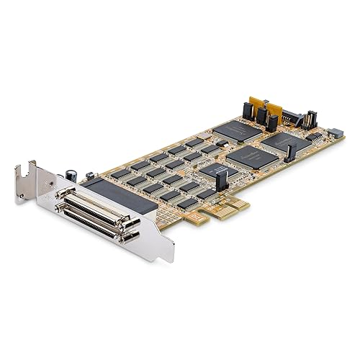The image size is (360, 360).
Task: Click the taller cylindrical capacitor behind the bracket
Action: [x=73, y=175]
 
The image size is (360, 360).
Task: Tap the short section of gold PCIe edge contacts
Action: [x=190, y=217]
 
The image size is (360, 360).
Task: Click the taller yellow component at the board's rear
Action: [x=274, y=112]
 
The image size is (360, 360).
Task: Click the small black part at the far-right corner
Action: [x=335, y=133]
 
